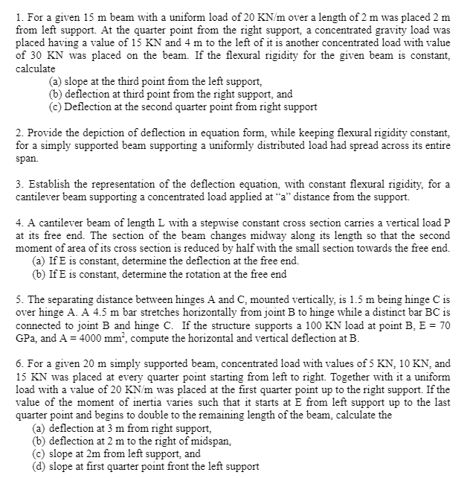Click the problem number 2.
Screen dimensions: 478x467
click(x=19, y=132)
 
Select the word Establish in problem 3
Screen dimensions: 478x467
click(x=48, y=183)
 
